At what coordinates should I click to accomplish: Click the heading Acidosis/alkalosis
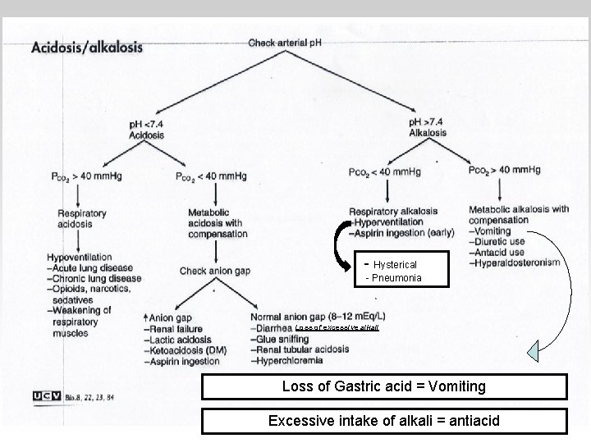click(87, 47)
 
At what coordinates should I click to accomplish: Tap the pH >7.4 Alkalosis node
click(427, 127)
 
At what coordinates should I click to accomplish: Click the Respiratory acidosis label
click(82, 219)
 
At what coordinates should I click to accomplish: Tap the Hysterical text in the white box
click(395, 265)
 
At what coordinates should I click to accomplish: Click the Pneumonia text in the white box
click(396, 278)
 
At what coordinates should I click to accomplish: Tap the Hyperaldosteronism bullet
click(514, 263)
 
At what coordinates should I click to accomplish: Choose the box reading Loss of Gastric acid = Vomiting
click(384, 386)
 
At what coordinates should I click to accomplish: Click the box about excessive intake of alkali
click(384, 421)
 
